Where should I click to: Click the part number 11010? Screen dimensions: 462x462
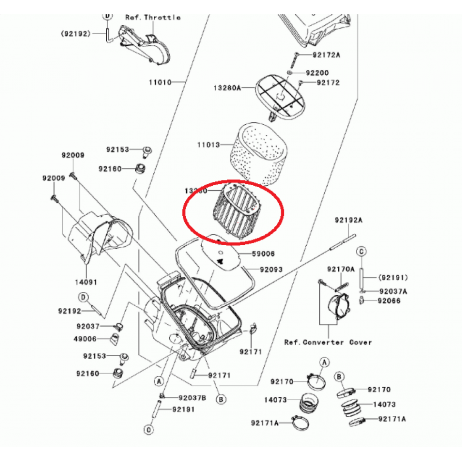coord(160,82)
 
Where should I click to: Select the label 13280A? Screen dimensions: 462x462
coord(227,88)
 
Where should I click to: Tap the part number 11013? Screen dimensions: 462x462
coord(209,144)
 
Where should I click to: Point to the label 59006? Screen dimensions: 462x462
coord(263,254)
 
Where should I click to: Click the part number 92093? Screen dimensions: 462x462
coord(271,270)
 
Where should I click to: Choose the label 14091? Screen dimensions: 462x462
coord(86,282)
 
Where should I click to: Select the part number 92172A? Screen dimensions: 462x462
coord(326,55)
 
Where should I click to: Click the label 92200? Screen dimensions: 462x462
coord(317,73)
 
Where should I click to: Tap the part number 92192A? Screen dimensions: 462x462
coord(348,220)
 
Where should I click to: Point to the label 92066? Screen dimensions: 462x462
coord(389,301)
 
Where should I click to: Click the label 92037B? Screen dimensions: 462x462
coord(192,398)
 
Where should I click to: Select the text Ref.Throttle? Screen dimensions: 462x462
coord(153,18)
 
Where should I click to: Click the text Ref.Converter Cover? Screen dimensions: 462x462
coord(328,342)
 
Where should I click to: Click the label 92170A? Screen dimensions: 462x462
coord(341,269)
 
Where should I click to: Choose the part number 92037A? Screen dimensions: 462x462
coord(393,291)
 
